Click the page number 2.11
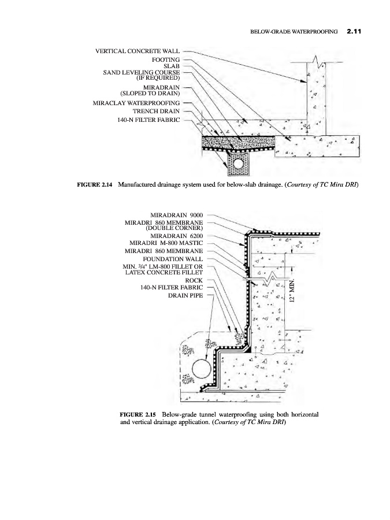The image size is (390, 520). [x=354, y=32]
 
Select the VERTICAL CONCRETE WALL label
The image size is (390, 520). [x=138, y=51]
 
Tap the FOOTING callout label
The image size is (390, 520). [x=166, y=60]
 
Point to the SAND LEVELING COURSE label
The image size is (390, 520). [x=142, y=72]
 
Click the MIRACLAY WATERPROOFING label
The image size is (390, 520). [x=136, y=103]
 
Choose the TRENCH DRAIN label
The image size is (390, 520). [x=156, y=112]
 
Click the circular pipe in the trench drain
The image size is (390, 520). [x=237, y=163]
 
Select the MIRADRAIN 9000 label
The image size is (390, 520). [x=176, y=216]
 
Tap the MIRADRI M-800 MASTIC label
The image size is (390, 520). [x=166, y=243]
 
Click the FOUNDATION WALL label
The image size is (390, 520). [x=173, y=259]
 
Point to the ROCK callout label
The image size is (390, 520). [x=194, y=281]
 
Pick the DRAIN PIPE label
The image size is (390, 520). [x=185, y=295]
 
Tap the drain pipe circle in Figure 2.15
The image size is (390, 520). [x=202, y=369]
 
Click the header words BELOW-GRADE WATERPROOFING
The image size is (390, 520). [x=294, y=32]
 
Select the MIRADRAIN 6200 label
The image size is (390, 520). [x=176, y=236]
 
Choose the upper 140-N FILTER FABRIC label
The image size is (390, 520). [x=148, y=120]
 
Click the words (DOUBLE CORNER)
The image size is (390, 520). [x=174, y=228]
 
